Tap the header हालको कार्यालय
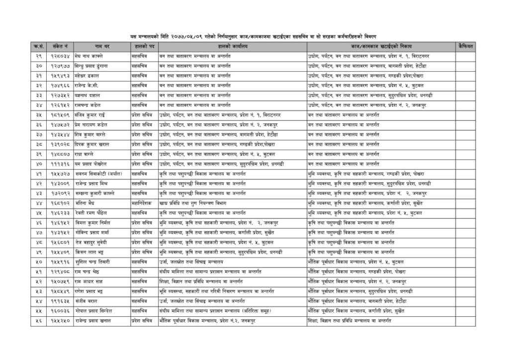pos(232,46)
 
